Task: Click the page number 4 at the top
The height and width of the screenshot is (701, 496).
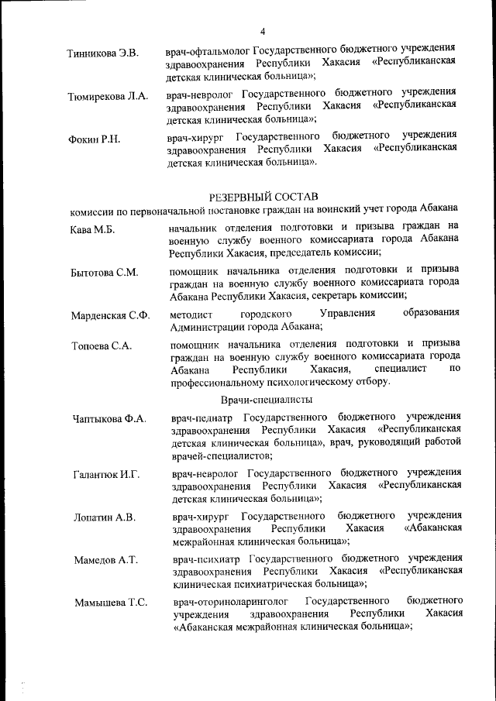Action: click(x=263, y=31)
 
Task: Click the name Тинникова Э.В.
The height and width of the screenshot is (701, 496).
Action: click(x=103, y=53)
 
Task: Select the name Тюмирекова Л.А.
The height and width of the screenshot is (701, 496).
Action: click(x=108, y=97)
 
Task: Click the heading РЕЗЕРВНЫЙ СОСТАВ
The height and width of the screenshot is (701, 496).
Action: click(x=263, y=196)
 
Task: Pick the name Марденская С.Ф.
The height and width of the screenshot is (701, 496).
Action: click(x=110, y=315)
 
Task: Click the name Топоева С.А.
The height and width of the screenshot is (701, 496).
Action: click(x=101, y=346)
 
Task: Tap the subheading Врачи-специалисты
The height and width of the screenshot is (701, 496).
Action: click(x=267, y=400)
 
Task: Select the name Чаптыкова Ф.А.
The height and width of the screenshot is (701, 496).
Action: click(x=109, y=419)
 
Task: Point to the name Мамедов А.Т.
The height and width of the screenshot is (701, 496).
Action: click(x=105, y=559)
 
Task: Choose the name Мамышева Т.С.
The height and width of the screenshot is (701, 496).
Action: click(x=111, y=602)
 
